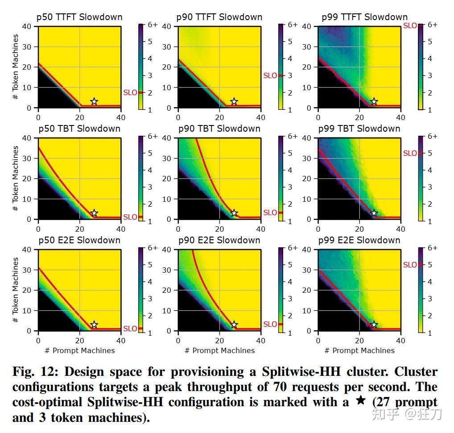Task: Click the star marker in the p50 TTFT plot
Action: [94, 102]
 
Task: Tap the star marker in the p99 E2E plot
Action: [374, 325]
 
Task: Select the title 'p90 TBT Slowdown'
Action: [219, 129]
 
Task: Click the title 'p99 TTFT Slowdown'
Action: [365, 17]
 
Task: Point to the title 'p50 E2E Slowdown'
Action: [79, 240]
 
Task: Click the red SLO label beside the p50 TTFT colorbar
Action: [130, 93]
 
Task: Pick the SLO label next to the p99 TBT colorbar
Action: [410, 153]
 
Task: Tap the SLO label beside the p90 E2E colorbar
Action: [270, 324]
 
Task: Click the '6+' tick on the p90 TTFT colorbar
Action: [292, 25]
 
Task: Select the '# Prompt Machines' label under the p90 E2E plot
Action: [219, 350]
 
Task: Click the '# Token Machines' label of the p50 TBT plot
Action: [15, 179]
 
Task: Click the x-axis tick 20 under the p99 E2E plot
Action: [359, 341]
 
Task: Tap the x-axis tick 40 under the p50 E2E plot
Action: [121, 341]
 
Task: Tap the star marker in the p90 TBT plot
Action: [234, 213]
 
